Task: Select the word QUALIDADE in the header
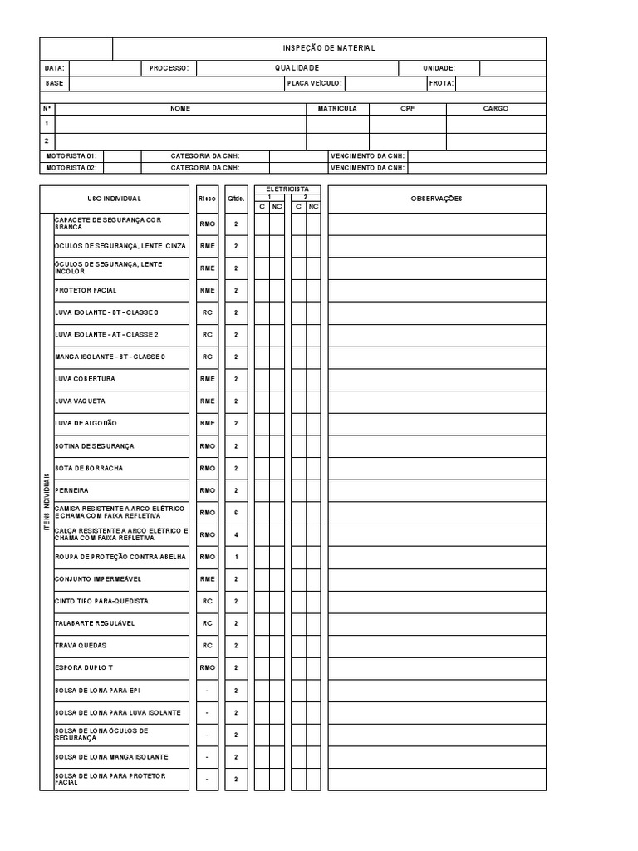tap(297, 68)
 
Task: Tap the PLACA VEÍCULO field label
tap(313, 83)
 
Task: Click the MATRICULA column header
tap(337, 108)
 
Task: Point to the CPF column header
tap(407, 108)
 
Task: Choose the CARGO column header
tap(496, 108)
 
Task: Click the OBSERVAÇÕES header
tap(437, 199)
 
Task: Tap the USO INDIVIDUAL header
tap(115, 199)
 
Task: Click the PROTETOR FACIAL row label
tap(86, 290)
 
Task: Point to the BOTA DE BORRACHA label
tap(89, 468)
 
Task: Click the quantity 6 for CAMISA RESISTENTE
tap(236, 513)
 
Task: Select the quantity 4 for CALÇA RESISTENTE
tap(236, 534)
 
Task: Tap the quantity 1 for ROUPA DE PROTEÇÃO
tap(236, 557)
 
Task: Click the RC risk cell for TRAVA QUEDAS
tap(207, 646)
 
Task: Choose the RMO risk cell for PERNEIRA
tap(207, 490)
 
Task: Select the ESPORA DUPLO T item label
tap(84, 667)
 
